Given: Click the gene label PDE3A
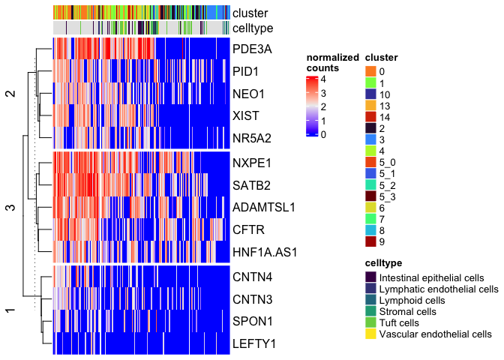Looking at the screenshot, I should (x=253, y=49).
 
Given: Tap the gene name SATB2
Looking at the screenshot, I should (x=252, y=184).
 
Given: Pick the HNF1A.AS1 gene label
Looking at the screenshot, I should (x=265, y=252).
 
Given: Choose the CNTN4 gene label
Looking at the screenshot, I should (x=253, y=277).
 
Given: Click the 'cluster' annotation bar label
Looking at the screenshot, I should (x=250, y=13).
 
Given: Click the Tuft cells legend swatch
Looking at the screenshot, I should (x=370, y=322).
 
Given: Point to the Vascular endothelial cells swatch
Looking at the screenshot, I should (x=370, y=334).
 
